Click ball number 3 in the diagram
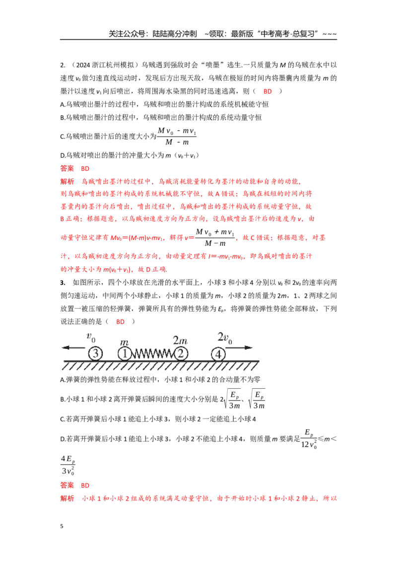point(95,353)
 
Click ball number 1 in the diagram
point(125,353)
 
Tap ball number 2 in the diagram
point(181,353)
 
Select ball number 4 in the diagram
point(218,354)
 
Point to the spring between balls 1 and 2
point(153,354)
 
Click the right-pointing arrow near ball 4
point(239,348)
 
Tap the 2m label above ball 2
point(180,340)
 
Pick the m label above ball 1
point(124,342)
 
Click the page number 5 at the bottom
point(62,526)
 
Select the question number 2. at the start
point(63,65)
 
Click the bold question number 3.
point(63,282)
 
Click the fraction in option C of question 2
point(177,136)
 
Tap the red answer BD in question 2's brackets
point(267,91)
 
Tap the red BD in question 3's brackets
point(120,322)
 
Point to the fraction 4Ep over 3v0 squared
point(67,465)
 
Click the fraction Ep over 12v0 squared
point(309,438)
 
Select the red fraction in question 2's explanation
point(215,237)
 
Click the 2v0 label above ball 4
point(225,338)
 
